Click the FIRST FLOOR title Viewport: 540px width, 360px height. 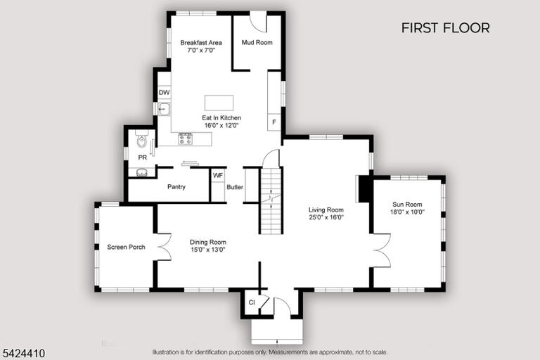[x=445, y=28]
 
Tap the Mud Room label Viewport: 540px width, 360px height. [x=257, y=42]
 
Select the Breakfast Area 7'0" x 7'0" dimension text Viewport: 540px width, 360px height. [x=201, y=51]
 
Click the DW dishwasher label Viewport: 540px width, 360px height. [x=165, y=92]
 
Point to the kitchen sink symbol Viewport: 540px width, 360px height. [x=164, y=109]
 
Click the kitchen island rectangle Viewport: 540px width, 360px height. [x=219, y=103]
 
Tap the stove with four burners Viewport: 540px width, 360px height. [x=186, y=139]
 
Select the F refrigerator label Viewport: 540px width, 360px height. [x=274, y=122]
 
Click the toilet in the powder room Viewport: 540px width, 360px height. [x=141, y=139]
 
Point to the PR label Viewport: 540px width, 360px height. [x=142, y=157]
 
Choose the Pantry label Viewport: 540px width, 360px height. [x=176, y=187]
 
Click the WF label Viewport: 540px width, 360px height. [x=218, y=175]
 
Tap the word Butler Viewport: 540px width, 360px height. [x=235, y=187]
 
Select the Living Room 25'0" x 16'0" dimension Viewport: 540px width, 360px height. [x=326, y=217]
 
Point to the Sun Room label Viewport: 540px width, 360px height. [x=407, y=205]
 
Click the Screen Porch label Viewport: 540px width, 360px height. [x=126, y=247]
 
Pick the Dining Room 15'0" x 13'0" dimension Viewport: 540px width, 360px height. [x=208, y=250]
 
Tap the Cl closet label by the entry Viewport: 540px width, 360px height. [x=252, y=302]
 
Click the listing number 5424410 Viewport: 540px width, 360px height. [x=24, y=353]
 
